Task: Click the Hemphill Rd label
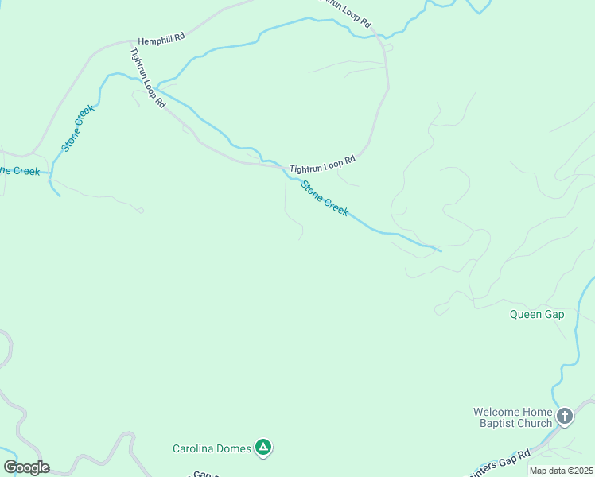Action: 161,38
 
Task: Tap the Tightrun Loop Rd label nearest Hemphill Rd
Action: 148,77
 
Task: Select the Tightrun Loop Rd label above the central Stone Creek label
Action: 321,165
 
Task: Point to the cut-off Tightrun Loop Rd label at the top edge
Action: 344,14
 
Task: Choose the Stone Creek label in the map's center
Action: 324,199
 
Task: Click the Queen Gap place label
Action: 537,314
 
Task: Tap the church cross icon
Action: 565,416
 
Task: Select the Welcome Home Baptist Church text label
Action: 512,417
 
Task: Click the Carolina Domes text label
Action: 212,448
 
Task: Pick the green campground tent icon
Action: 263,448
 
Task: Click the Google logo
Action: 26,467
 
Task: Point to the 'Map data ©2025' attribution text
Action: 562,471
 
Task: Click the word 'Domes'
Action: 234,448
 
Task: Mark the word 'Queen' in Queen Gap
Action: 526,314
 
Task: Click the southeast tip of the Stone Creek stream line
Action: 441,251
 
